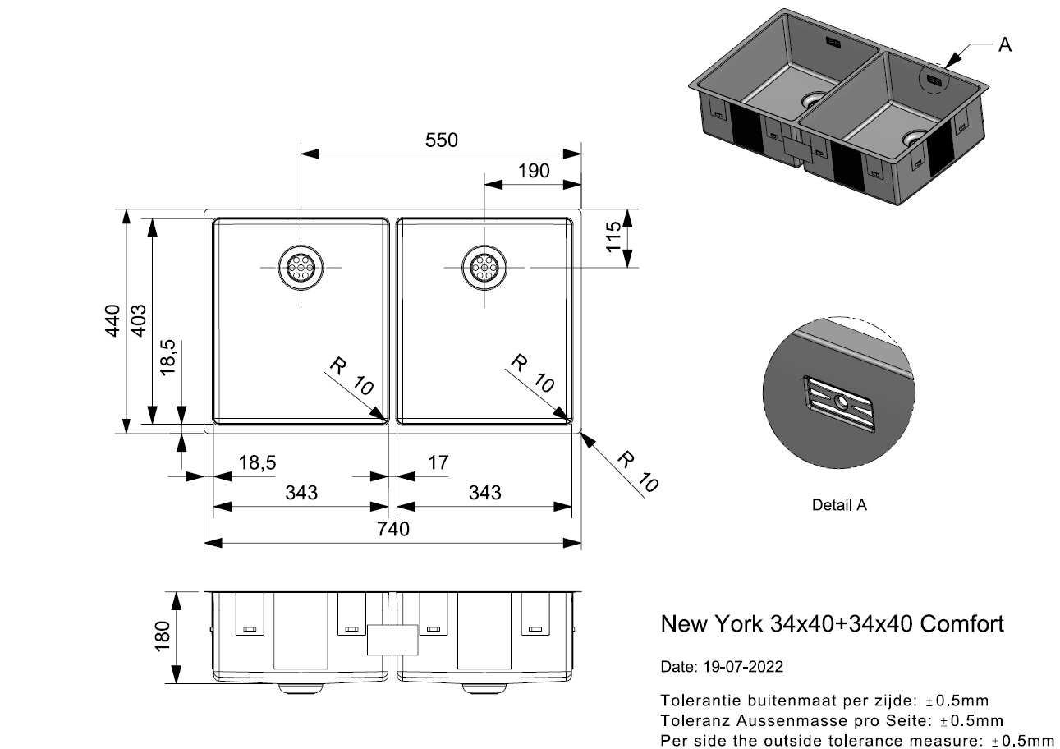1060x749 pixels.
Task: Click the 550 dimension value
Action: click(441, 140)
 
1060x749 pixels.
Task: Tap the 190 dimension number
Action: click(534, 171)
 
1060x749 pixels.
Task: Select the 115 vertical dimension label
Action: click(612, 238)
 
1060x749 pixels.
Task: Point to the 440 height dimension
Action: click(112, 320)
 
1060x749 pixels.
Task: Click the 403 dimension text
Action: click(139, 320)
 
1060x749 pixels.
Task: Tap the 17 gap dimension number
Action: click(438, 463)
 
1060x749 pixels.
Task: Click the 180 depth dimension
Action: click(162, 636)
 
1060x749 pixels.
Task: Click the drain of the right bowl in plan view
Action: click(484, 268)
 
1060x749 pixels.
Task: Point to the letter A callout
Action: click(1004, 45)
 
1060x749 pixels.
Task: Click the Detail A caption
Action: click(839, 505)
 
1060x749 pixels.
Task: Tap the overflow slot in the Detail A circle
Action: click(838, 402)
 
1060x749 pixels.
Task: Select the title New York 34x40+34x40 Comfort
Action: click(832, 624)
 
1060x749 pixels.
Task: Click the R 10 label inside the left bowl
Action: click(351, 377)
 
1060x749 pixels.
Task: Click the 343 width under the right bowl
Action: click(484, 493)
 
